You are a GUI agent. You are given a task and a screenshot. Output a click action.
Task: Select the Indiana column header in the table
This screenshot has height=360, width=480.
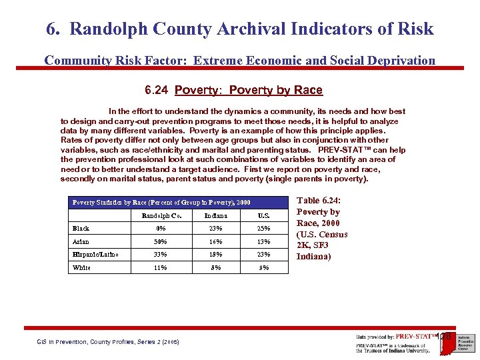pyautogui.click(x=216, y=215)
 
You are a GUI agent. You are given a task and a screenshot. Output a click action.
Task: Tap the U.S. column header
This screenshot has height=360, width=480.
pyautogui.click(x=264, y=215)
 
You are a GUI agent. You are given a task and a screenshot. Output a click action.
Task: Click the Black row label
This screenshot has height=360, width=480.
pyautogui.click(x=81, y=229)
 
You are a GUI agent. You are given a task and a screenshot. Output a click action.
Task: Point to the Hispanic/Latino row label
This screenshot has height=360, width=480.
pyautogui.click(x=92, y=254)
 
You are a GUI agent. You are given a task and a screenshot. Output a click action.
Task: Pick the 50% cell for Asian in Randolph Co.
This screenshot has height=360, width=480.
pyautogui.click(x=160, y=241)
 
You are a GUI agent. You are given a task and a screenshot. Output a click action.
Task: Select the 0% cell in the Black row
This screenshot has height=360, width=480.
pyautogui.click(x=160, y=229)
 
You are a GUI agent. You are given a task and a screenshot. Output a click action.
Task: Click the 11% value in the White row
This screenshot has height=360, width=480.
pyautogui.click(x=160, y=267)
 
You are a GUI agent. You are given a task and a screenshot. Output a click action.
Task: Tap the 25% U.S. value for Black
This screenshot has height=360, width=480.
pyautogui.click(x=264, y=229)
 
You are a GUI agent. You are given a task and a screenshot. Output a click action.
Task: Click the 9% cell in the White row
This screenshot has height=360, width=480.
pyautogui.click(x=264, y=267)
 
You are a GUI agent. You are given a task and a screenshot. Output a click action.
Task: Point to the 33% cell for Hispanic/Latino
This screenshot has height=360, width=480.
pyautogui.click(x=160, y=254)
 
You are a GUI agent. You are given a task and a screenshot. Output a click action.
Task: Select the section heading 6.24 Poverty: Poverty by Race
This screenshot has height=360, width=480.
pyautogui.click(x=233, y=90)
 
